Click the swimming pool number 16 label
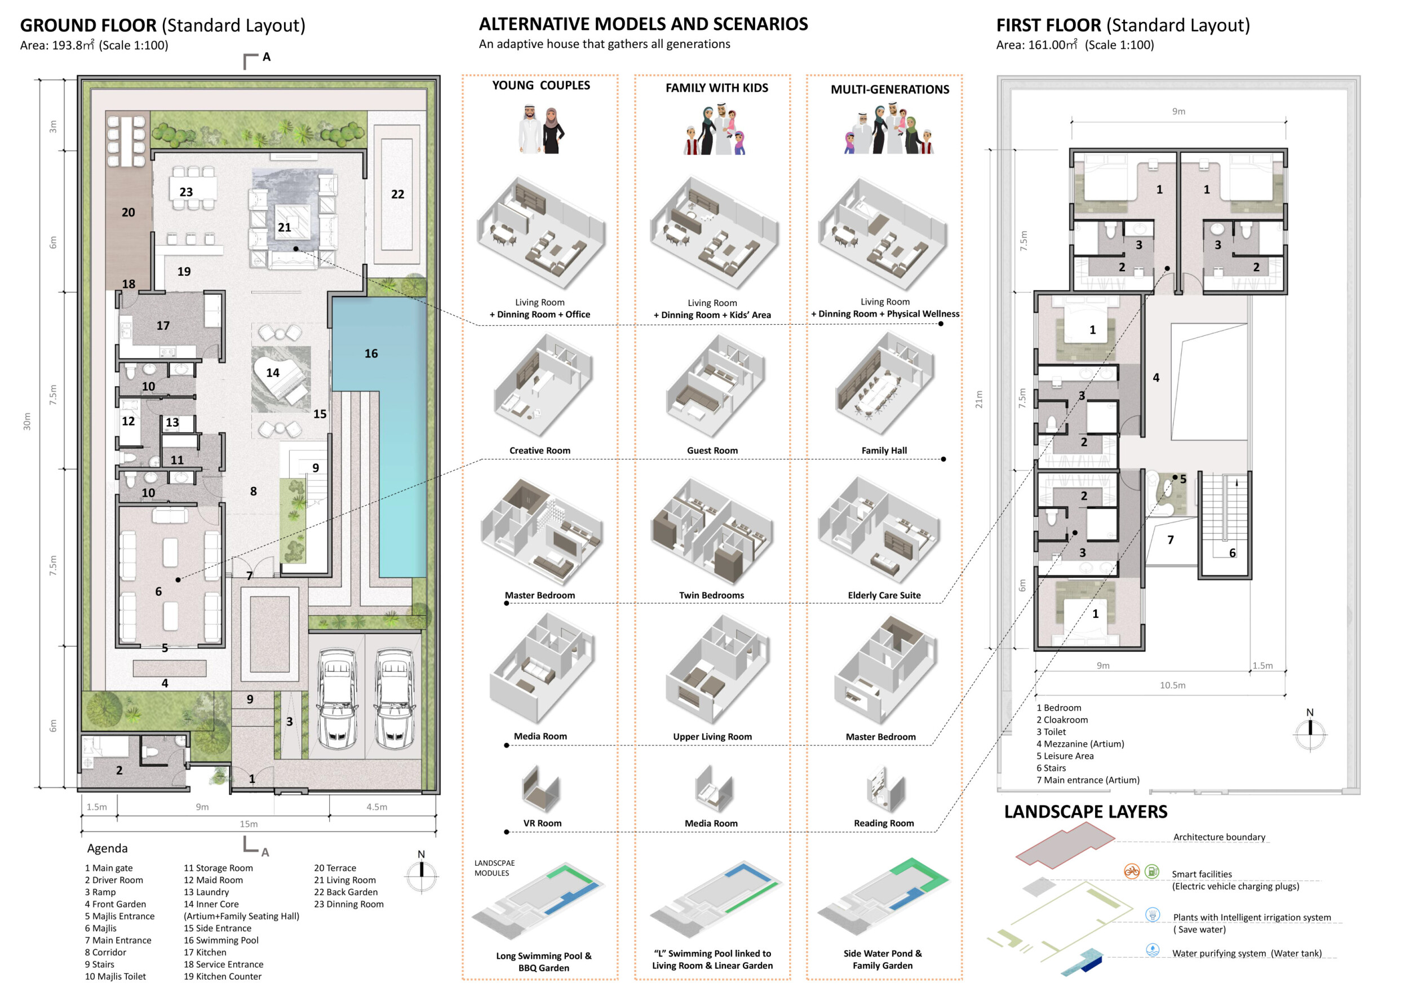(371, 353)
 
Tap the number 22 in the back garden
(398, 194)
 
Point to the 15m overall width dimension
(249, 824)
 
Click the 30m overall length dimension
(27, 421)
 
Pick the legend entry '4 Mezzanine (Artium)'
(1080, 744)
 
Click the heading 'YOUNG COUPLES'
(540, 85)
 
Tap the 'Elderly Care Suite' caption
(884, 595)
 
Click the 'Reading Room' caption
(884, 823)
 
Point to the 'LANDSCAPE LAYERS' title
(1085, 812)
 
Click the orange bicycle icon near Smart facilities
(1132, 871)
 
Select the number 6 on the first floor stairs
(1231, 553)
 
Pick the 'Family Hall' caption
(884, 450)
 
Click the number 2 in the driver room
(119, 770)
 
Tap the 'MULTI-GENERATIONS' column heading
(890, 90)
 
